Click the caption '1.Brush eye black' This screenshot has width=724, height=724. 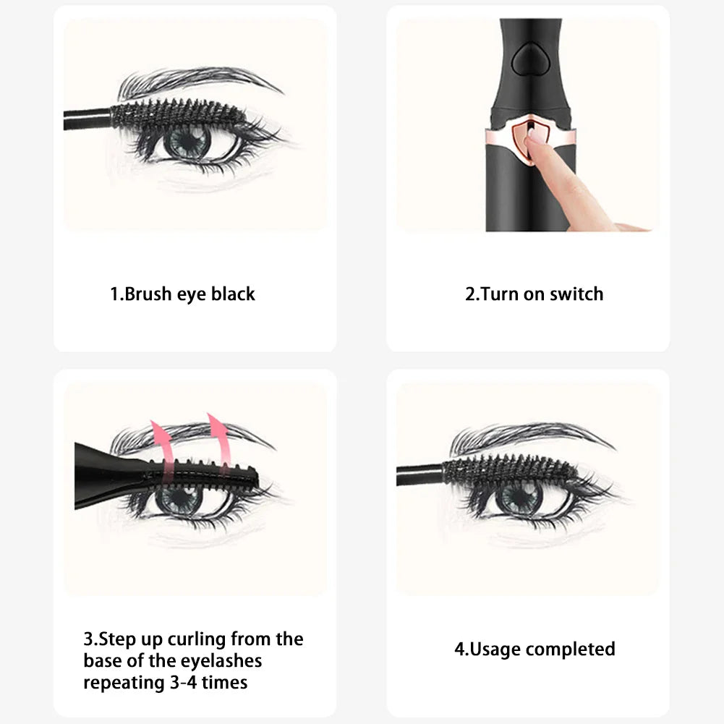point(182,294)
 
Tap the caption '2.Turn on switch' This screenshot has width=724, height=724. point(534,294)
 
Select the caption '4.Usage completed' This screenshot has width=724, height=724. point(535,649)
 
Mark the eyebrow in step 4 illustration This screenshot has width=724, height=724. point(528,437)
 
